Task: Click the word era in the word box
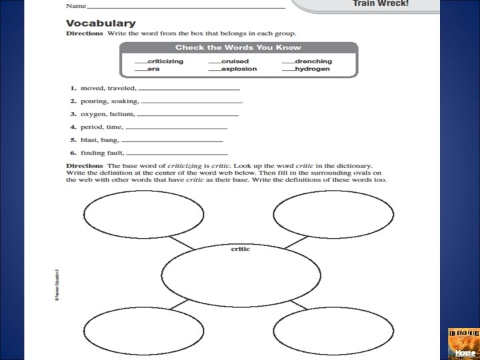(x=153, y=69)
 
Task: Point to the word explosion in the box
(x=239, y=69)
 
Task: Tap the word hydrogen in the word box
(x=312, y=69)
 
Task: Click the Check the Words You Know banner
(x=238, y=47)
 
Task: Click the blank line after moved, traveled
(x=189, y=89)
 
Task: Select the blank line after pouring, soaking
(x=192, y=101)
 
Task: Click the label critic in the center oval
(x=240, y=249)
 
